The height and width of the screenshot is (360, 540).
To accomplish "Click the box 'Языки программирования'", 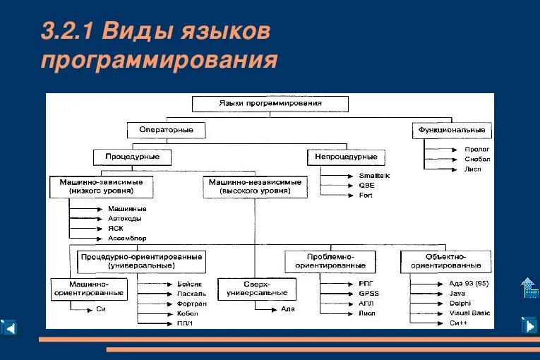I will coord(270,103).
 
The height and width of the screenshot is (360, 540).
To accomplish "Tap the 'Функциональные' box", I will coord(452,130).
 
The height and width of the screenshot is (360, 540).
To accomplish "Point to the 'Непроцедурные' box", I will coord(347,157).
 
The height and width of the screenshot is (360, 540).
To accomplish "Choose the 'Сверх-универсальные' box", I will coord(256,288).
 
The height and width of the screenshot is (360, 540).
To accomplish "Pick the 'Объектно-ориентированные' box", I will coord(445,261).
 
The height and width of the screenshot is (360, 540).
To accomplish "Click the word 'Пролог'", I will coord(477,149).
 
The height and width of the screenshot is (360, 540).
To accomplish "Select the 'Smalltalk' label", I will coord(373,175).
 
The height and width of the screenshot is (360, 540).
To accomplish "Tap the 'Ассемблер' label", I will coord(127,238).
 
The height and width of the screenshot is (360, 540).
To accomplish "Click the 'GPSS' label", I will coord(368,292).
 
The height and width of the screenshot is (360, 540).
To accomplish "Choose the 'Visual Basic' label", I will coord(469,313).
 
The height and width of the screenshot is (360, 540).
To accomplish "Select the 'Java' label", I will coord(457,292).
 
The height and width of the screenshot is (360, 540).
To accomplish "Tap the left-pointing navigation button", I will coord(9,327).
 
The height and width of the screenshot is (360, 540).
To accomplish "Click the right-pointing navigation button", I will coord(529,325).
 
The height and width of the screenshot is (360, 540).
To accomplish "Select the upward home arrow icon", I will coord(529,287).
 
